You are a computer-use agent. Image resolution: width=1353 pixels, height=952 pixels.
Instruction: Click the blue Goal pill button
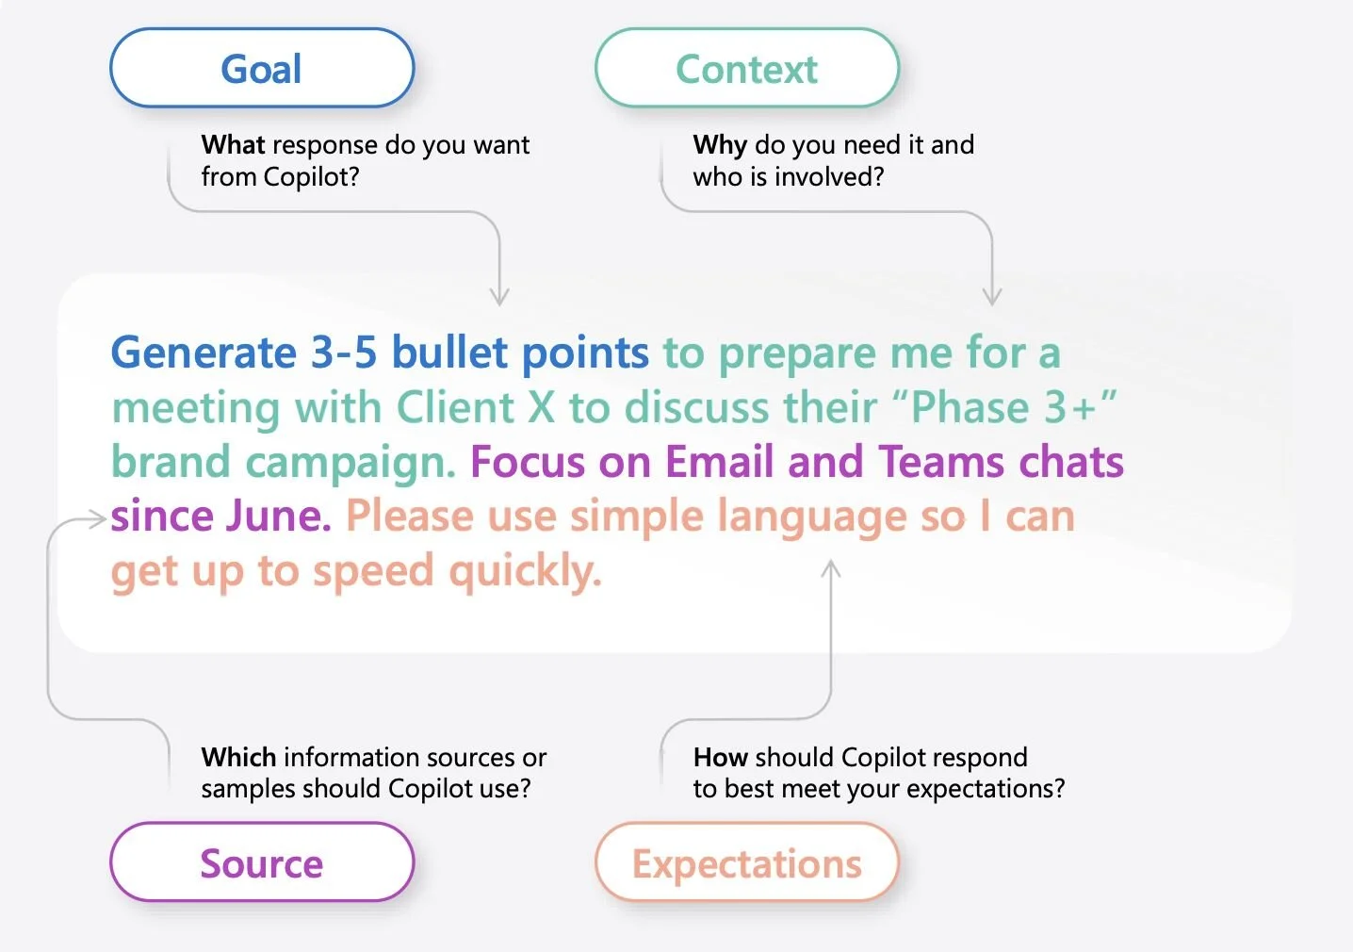pos(262,69)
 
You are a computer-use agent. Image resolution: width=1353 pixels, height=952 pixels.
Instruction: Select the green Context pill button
pos(746,69)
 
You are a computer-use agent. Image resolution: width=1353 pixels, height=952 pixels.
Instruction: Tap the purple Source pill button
pos(262,862)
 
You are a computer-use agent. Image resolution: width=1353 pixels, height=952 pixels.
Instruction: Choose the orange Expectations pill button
pos(746,862)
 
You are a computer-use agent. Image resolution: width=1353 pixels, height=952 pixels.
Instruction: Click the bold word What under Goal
pos(233,145)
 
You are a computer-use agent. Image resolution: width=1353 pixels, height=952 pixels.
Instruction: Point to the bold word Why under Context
pos(720,145)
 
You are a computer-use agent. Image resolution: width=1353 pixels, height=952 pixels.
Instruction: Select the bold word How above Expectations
pos(720,757)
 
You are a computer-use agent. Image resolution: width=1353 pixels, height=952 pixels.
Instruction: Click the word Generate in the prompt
pos(204,353)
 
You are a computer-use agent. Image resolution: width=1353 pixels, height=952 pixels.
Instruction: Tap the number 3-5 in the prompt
pos(344,353)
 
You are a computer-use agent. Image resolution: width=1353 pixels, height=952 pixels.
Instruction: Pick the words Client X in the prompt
pos(476,408)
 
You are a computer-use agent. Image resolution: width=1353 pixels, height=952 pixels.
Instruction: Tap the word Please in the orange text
pos(409,517)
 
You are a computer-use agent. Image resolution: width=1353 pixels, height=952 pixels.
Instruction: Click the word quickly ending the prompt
pos(524,572)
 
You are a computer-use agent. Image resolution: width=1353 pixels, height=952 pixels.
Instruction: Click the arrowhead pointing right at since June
pos(96,518)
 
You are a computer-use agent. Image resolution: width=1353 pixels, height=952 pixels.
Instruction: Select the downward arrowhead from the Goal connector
pos(499,297)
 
